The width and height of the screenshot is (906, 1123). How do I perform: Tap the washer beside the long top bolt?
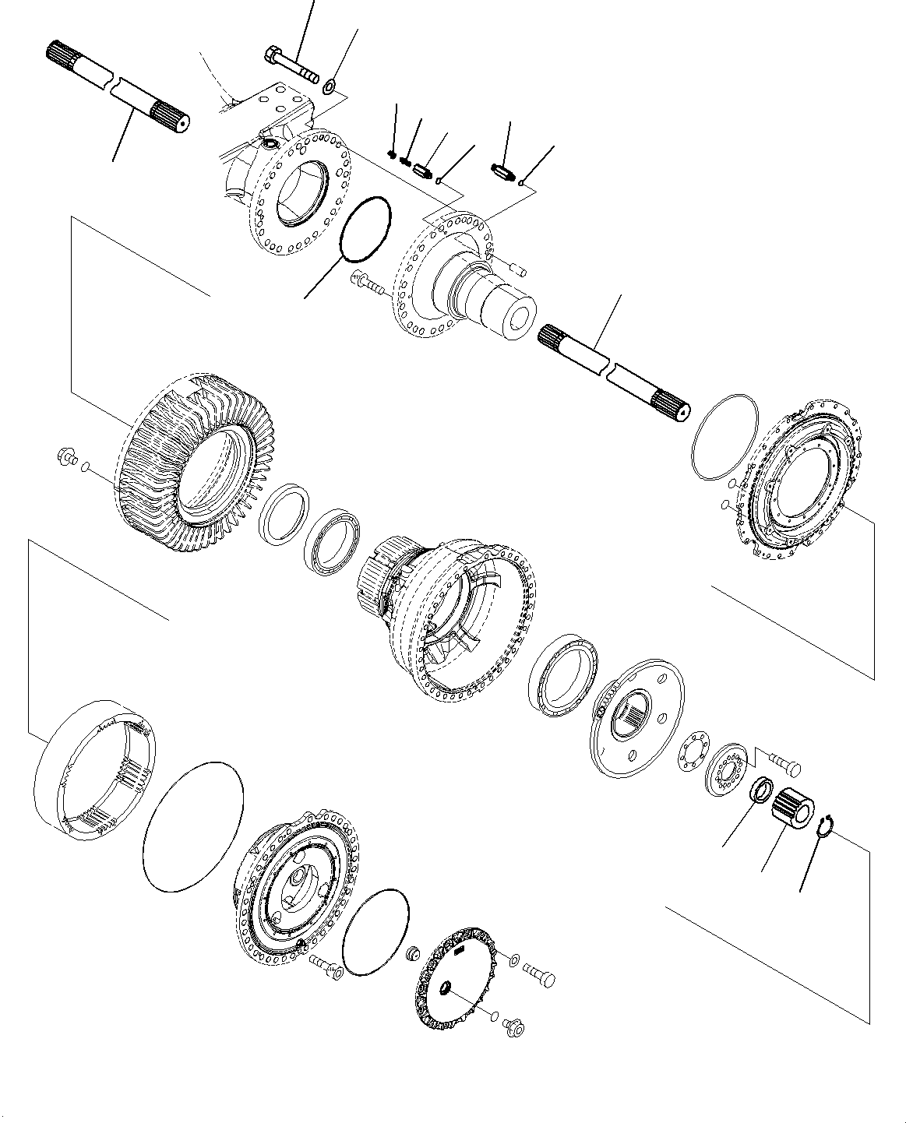click(330, 84)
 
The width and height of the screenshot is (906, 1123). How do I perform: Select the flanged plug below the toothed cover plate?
click(513, 1027)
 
